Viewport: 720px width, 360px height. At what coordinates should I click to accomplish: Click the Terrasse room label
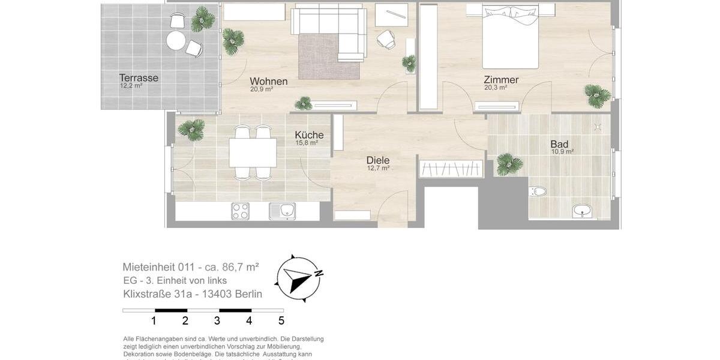[x=139, y=78]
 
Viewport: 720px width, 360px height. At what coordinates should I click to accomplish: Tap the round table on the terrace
[x=176, y=41]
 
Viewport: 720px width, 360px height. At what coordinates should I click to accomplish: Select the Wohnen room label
[x=268, y=81]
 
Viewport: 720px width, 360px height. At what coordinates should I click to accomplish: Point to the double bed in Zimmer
[x=510, y=37]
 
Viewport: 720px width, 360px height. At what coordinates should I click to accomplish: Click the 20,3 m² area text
[x=496, y=88]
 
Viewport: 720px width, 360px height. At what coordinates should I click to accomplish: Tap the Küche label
[x=309, y=135]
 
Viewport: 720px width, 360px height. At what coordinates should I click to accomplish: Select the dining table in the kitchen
[x=253, y=152]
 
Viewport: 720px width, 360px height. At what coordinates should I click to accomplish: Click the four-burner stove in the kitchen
[x=241, y=211]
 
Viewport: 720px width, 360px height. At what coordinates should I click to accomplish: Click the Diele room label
[x=378, y=160]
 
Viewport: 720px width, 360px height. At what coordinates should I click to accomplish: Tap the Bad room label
[x=559, y=144]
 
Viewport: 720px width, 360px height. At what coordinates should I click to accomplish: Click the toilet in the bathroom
[x=538, y=192]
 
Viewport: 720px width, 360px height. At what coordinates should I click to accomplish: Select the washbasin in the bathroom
[x=581, y=211]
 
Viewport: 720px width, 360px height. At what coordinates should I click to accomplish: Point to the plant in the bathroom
[x=509, y=163]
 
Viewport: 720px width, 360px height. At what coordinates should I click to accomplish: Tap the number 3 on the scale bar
[x=217, y=321]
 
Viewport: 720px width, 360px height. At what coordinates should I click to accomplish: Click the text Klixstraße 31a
[x=158, y=294]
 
